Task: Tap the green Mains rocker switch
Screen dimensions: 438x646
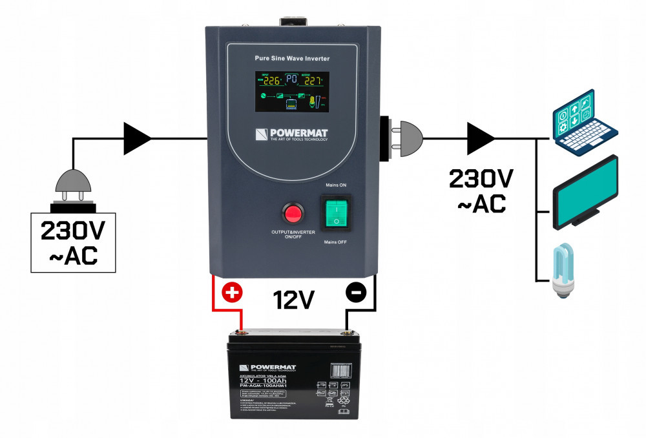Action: [x=335, y=211]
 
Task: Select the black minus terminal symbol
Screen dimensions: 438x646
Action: [x=355, y=293]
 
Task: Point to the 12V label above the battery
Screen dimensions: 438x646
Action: [x=293, y=300]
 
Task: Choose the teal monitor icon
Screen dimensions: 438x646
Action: [x=587, y=193]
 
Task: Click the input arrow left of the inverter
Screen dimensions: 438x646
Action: [x=138, y=137]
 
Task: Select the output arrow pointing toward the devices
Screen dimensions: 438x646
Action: [x=481, y=137]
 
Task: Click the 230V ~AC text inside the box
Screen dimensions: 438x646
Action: [x=74, y=242]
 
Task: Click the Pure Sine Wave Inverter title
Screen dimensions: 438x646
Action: [x=292, y=59]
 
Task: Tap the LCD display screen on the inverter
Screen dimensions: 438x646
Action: [x=292, y=92]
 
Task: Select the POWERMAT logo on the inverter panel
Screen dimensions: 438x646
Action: [x=292, y=134]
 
